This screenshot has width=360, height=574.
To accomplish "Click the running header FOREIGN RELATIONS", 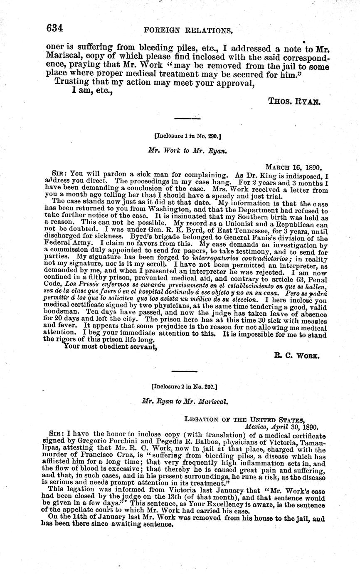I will coord(188,30).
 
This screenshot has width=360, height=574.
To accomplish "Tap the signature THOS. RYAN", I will coord(294,101).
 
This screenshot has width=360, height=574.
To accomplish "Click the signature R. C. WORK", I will coord(296,355).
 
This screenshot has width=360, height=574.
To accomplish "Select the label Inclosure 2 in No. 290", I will coord(185,386).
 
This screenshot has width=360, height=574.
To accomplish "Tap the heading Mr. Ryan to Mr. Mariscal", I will coord(185,402).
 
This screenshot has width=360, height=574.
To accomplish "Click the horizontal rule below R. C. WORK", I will coord(184,371).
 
